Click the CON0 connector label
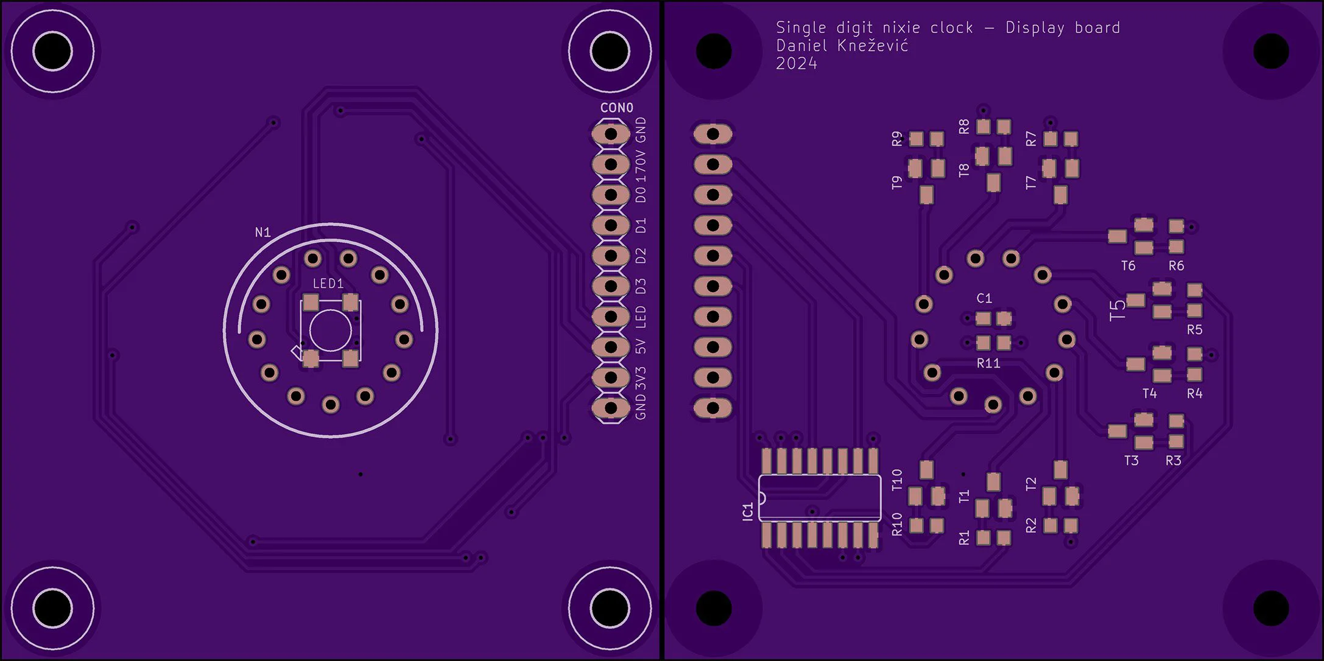click(616, 108)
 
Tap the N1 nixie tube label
click(262, 233)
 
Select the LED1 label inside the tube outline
click(328, 284)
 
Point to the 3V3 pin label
click(641, 379)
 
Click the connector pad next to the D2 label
click(611, 256)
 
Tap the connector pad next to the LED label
click(611, 317)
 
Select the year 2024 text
click(797, 64)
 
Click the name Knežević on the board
click(873, 46)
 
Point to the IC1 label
click(748, 511)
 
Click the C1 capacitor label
click(984, 298)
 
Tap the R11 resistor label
click(988, 363)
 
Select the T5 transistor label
click(1118, 311)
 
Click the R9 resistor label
click(896, 139)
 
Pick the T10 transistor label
click(896, 480)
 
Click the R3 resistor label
click(1173, 461)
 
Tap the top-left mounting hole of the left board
click(52, 51)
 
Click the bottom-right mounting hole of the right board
click(1270, 607)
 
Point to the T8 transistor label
click(963, 170)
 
